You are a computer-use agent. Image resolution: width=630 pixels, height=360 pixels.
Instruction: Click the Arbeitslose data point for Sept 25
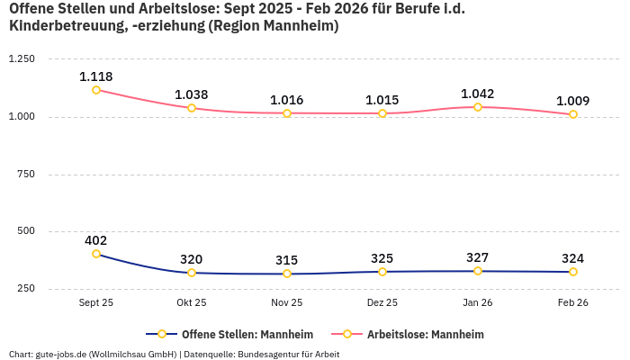tap(96, 90)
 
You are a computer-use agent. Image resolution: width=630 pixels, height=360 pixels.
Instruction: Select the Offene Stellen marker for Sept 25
tap(96, 254)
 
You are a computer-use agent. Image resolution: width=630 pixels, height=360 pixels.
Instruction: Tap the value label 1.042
tap(478, 94)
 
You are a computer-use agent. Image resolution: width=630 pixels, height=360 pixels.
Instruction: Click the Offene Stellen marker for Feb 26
tap(573, 272)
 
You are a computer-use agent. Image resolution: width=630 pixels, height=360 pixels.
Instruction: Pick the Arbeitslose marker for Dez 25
tap(382, 113)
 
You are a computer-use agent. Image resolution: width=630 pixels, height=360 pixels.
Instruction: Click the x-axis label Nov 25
tap(287, 303)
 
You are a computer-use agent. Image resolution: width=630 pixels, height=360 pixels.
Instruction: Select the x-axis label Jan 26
tap(478, 303)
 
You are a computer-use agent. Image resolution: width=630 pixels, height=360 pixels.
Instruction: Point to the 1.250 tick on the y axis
tap(21, 59)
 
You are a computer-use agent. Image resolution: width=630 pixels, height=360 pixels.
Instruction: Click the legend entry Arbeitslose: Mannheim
tap(425, 335)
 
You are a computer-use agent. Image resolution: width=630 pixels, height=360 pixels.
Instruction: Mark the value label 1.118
tap(96, 76)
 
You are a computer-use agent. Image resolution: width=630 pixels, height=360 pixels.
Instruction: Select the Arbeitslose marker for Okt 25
tap(192, 108)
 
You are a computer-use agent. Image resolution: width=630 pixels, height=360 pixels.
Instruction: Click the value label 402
tap(96, 240)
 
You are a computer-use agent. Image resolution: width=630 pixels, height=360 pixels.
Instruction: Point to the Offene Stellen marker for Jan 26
tap(478, 271)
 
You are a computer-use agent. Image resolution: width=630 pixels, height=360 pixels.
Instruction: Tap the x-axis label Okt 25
tap(192, 303)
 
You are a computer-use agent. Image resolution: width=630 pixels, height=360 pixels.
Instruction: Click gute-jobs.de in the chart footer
tap(57, 355)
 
